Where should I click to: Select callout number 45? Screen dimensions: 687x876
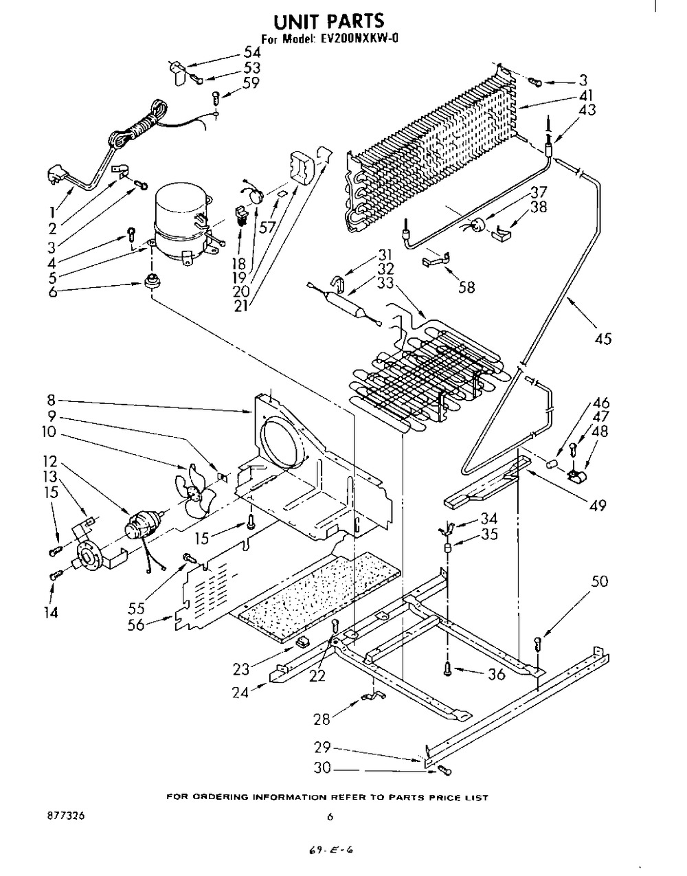point(602,339)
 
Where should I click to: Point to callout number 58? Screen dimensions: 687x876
point(466,287)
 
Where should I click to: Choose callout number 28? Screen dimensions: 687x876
point(322,719)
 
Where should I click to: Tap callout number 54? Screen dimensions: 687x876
point(252,52)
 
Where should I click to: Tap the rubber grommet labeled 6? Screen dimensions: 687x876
point(153,280)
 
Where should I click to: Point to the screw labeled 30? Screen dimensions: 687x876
point(444,770)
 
